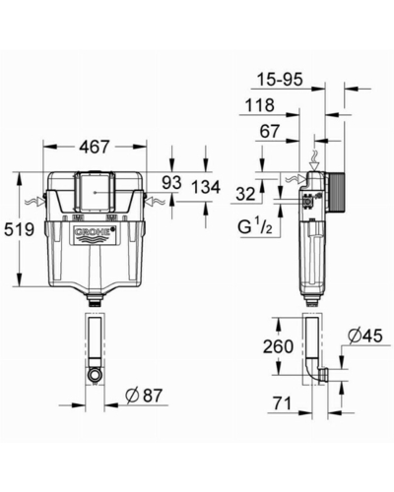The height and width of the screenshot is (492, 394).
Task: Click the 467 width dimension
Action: click(x=95, y=147)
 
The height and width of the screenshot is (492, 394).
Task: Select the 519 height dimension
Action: click(x=19, y=229)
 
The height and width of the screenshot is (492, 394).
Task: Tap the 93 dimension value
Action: click(x=171, y=182)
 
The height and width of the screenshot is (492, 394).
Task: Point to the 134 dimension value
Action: click(x=206, y=187)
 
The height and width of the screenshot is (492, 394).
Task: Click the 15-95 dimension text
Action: click(x=280, y=80)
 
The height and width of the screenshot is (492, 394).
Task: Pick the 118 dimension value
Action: click(x=260, y=105)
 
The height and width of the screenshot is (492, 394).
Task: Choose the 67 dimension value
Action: click(x=270, y=132)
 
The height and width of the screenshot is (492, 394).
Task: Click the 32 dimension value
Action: click(x=245, y=195)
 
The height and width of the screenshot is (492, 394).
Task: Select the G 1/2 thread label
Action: click(x=255, y=226)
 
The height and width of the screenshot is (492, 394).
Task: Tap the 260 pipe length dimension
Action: click(x=278, y=346)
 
